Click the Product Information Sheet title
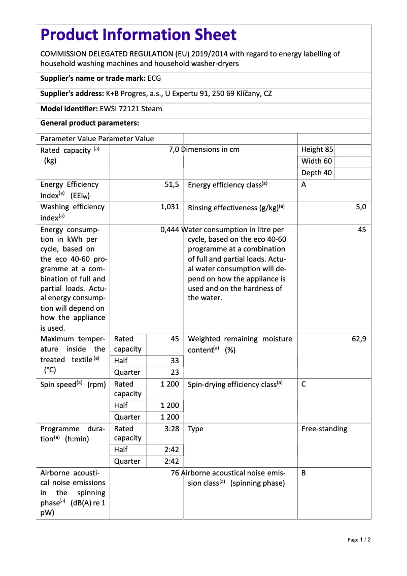coord(139,35)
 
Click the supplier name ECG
coord(154,78)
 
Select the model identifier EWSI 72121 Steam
coord(131,108)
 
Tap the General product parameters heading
coord(89,123)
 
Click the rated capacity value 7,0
coord(174,149)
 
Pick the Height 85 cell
coord(317,149)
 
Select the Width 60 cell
coord(317,161)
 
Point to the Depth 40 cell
coord(317,173)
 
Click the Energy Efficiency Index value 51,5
coord(172,185)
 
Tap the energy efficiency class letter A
coord(303,184)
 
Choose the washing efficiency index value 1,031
coord(169,207)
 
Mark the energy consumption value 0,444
coord(169,230)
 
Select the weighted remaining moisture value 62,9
coord(359,339)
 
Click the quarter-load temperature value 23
coord(175,372)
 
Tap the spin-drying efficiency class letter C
coord(303,384)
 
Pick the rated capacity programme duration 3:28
coord(172,429)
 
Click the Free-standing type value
coord(324,429)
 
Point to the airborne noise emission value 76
coord(175,473)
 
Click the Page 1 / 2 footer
coord(359,539)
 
